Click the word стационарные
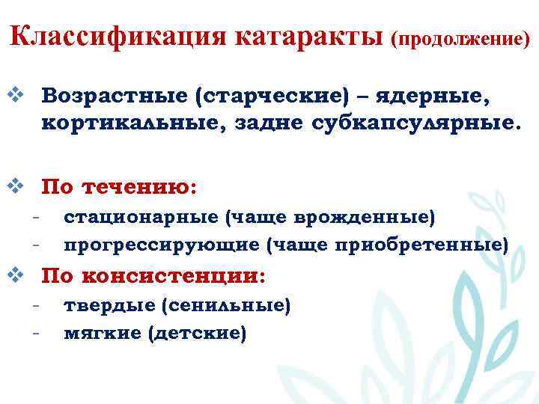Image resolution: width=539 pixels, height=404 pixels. coord(141,218)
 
